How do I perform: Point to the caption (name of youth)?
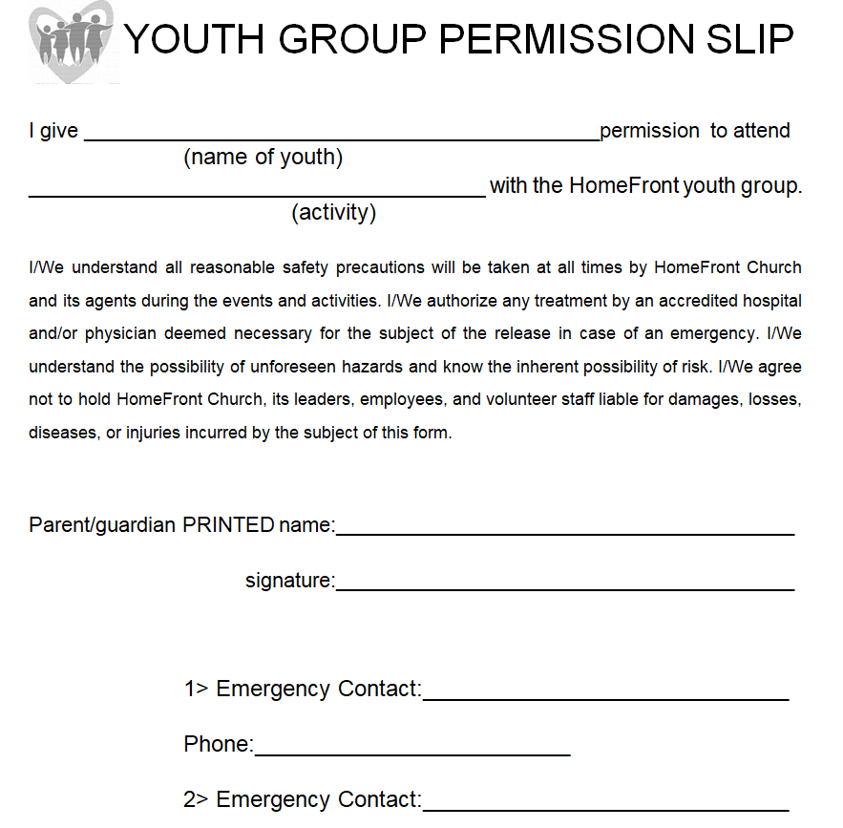pos(263,158)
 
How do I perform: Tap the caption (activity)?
pos(333,213)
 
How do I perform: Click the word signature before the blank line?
pos(288,580)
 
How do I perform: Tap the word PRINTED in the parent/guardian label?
pos(228,524)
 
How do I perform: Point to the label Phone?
pos(219,745)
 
